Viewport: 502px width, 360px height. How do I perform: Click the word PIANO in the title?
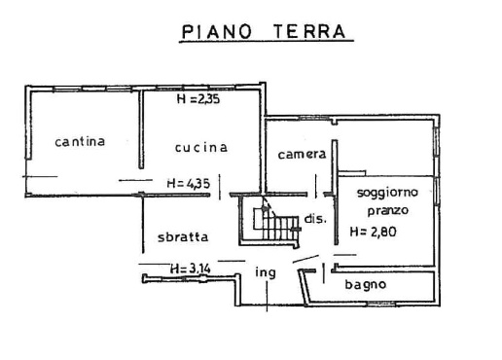point(216,31)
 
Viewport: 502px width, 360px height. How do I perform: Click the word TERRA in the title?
point(310,31)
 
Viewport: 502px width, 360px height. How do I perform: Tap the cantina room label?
point(80,141)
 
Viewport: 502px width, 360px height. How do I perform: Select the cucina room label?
point(201,148)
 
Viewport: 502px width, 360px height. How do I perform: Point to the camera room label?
point(302,155)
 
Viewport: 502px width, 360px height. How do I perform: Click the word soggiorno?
point(387,193)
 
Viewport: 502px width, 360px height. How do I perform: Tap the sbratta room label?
point(183,236)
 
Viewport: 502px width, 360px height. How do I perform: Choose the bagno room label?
point(366,285)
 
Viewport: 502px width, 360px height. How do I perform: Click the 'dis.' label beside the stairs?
point(315,219)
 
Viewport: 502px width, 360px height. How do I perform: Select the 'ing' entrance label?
point(266,272)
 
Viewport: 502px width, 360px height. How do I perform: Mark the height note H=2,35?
point(198,98)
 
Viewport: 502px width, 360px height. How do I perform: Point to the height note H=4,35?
point(189,183)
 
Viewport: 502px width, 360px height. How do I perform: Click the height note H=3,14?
point(191,269)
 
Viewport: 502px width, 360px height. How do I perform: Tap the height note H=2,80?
point(373,232)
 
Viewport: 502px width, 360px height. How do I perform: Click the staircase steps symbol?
point(276,224)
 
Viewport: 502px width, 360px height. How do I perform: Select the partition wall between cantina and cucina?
point(141,129)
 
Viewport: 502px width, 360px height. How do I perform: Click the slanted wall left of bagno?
point(304,288)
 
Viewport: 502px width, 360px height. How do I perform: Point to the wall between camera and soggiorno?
point(335,192)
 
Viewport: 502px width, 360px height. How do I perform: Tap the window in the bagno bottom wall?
point(381,304)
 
